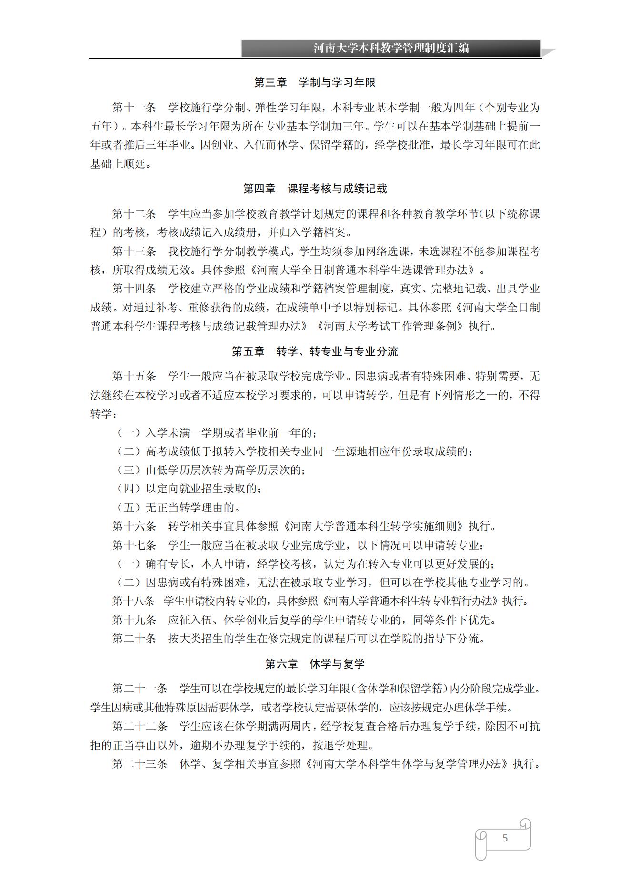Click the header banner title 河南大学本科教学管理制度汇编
point(391,48)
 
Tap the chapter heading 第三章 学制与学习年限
point(315,83)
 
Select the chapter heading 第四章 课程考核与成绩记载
point(315,189)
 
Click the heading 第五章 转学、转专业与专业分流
point(315,352)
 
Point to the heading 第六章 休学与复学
point(315,664)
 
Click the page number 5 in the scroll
point(505,838)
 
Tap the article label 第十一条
point(134,108)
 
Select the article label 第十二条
point(134,214)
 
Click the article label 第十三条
point(134,251)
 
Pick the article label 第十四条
point(134,289)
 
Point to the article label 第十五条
point(134,377)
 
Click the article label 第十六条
point(134,526)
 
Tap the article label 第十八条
point(134,601)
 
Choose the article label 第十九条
point(134,620)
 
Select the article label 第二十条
point(134,639)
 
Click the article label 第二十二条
point(140,726)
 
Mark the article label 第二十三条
point(140,764)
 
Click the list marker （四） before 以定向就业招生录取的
point(129,489)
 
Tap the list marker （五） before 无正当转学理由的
point(129,508)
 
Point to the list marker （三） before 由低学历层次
point(129,470)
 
